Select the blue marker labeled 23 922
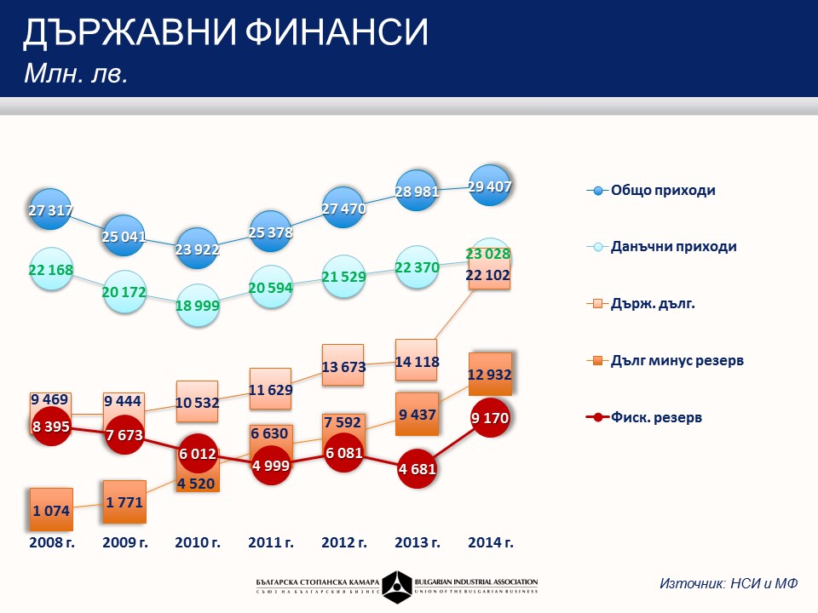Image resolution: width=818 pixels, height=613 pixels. [197, 249]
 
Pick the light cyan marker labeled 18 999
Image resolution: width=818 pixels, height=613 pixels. [197, 306]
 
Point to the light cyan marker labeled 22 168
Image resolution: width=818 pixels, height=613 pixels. [51, 269]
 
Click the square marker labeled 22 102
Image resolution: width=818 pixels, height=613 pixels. [489, 274]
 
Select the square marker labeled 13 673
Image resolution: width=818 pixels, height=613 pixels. [343, 366]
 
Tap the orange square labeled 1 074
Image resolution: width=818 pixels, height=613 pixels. [51, 509]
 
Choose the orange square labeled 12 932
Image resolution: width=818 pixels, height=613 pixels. [489, 375]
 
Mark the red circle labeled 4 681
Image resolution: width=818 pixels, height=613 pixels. [416, 468]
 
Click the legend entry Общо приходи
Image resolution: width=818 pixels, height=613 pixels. [662, 190]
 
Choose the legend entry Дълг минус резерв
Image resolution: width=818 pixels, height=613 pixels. [677, 360]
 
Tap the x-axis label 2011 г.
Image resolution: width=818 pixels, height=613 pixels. [270, 542]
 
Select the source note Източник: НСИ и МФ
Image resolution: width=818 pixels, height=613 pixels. [729, 584]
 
